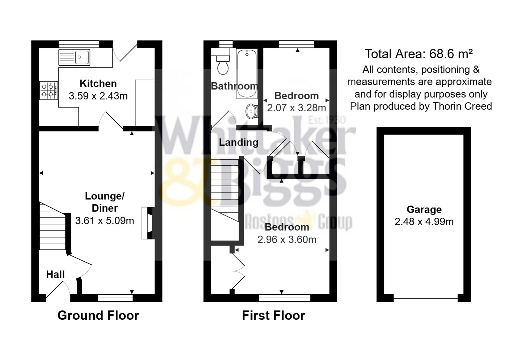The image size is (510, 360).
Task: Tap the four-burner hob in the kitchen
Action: pos(48,90)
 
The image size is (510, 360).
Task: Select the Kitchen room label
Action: pos(98,83)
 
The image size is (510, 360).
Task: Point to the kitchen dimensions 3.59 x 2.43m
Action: pos(98,96)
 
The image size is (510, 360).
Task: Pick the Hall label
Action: pos(55,274)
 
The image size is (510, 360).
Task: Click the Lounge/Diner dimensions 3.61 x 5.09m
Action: pos(104,221)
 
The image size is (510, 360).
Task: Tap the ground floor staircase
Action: pos(52,227)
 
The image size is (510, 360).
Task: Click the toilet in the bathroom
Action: pos(222,65)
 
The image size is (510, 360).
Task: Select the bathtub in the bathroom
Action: pos(247,74)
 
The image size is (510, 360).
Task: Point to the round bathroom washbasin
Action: pos(251,111)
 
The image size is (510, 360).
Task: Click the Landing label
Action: pos(238,142)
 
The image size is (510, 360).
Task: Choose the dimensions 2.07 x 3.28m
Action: pos(297,108)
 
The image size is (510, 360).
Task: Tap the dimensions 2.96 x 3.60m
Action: pos(287,239)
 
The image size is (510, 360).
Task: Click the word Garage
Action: pos(424,209)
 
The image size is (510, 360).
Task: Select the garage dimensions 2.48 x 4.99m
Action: pos(424,222)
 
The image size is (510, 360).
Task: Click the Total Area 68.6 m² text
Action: pos(419,54)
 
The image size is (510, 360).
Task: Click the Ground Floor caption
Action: pos(98,315)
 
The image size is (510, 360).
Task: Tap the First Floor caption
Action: pos(274,315)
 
